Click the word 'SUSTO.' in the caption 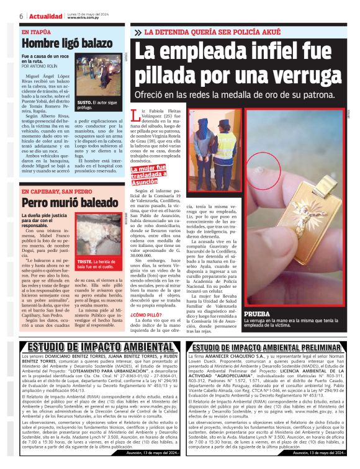click(84, 102)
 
